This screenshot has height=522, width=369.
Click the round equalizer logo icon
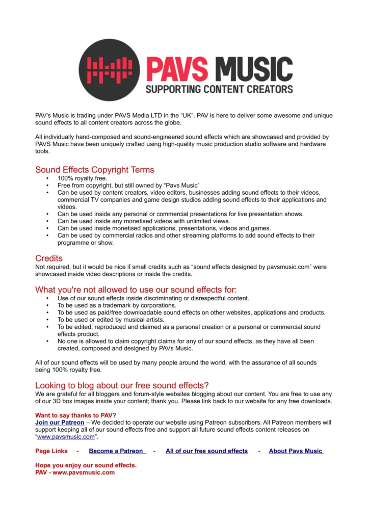coord(109,70)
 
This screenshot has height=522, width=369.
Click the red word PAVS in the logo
coord(177,70)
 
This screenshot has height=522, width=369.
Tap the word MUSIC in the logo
coord(253,70)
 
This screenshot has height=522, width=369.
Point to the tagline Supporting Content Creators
coord(219,89)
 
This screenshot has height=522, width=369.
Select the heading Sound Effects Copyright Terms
coord(94,170)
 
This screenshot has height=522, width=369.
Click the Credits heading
coord(49,258)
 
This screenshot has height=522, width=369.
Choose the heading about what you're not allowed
coord(136,290)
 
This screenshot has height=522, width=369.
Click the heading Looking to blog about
coord(122,385)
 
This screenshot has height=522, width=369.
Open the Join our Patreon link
coord(60,423)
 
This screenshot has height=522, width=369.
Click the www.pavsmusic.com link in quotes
coord(66,437)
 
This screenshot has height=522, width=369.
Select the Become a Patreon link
coord(117,451)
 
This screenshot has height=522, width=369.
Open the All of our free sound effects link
coord(206,451)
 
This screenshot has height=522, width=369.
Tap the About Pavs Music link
coord(296,451)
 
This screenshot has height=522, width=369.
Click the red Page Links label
coord(51,451)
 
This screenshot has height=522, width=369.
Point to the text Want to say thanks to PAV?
coord(75,415)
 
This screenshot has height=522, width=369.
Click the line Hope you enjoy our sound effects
coord(86,465)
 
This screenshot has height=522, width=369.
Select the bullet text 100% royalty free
coord(82,178)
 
